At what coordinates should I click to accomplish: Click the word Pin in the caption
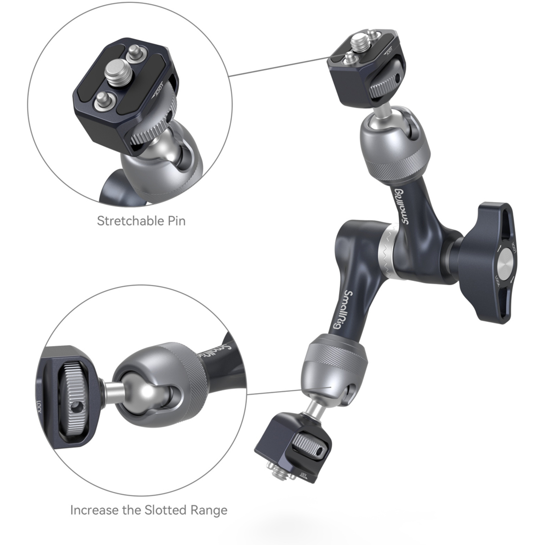coord(176,221)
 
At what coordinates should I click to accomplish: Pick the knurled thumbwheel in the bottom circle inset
coord(77,393)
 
